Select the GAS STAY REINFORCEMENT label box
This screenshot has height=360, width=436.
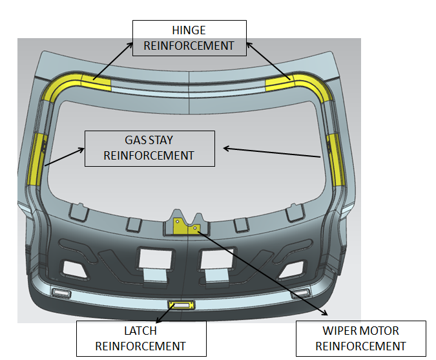[x=149, y=148]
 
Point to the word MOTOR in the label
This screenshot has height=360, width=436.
[x=383, y=332]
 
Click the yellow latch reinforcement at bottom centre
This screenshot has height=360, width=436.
[x=180, y=304]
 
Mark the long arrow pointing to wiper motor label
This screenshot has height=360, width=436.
[x=258, y=272]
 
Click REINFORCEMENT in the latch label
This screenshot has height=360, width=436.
[x=140, y=346]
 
